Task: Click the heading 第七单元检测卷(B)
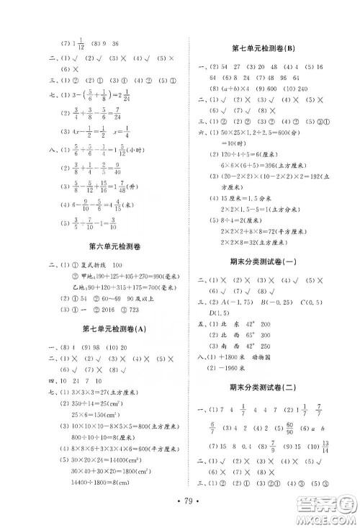(x=268, y=48)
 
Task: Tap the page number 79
(x=179, y=498)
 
